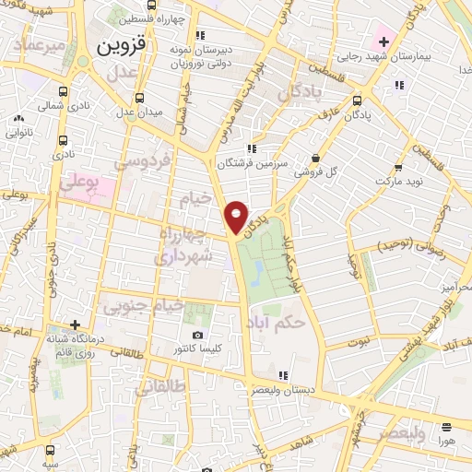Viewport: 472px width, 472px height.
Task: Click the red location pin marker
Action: pyautogui.click(x=237, y=217)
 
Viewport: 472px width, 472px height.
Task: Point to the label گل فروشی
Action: pyautogui.click(x=316, y=171)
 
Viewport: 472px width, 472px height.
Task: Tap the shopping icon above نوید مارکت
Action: pyautogui.click(x=398, y=168)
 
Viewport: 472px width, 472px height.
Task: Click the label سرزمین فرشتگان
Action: pyautogui.click(x=248, y=163)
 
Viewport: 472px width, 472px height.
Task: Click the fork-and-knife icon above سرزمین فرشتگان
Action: pyautogui.click(x=251, y=148)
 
